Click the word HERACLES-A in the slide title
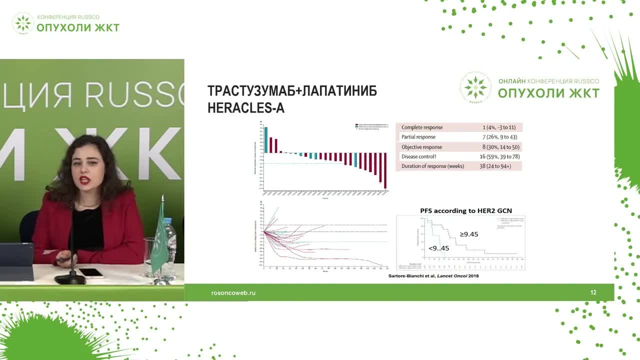245,108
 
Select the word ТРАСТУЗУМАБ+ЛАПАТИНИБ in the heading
292,91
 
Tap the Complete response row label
421,127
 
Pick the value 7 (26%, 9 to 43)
498,137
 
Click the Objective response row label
421,147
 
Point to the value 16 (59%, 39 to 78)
499,156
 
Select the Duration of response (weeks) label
432,166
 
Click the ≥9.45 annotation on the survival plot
468,234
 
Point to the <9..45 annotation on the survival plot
438,248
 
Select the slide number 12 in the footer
593,292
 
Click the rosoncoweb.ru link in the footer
233,292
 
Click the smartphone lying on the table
90,272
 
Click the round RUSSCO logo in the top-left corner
23,23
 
